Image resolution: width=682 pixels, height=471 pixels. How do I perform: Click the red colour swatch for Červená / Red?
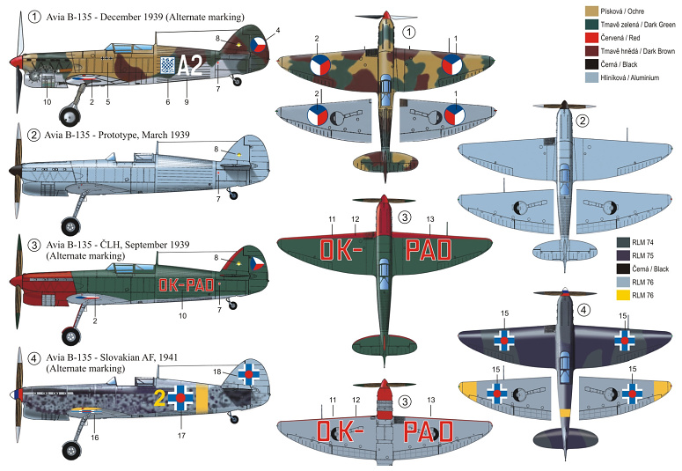[592, 38]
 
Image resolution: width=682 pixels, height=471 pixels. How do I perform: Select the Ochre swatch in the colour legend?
[592, 11]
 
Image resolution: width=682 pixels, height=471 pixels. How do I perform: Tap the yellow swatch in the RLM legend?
[623, 295]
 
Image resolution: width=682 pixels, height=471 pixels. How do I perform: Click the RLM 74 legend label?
[642, 242]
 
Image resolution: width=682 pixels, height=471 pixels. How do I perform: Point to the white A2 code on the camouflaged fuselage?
[190, 66]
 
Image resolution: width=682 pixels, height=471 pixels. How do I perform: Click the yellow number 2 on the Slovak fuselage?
[159, 398]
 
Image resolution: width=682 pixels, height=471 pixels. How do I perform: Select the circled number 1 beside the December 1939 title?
[34, 18]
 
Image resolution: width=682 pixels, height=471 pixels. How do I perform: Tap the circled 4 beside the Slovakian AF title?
[34, 358]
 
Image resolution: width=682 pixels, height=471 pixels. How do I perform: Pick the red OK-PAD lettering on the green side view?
[187, 285]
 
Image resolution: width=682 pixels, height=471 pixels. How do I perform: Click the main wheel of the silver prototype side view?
[70, 226]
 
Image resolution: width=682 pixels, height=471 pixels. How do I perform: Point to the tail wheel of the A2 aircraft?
[237, 81]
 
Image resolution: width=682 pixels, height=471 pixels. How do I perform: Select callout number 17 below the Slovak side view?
[181, 435]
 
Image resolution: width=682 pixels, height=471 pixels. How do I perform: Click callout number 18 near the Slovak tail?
[217, 372]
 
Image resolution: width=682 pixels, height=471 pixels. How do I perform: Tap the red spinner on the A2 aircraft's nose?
[16, 62]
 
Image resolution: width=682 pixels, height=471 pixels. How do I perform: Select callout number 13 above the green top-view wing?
[430, 219]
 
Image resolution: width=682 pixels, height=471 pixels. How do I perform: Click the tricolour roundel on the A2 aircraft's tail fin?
[259, 44]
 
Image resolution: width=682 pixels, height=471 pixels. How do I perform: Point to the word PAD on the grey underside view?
[428, 432]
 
